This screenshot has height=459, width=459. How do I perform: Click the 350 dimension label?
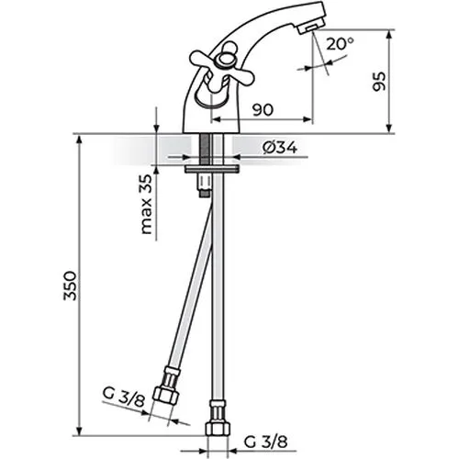click(70, 285)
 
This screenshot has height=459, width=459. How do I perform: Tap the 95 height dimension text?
click(379, 82)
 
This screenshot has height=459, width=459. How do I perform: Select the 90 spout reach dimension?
click(263, 109)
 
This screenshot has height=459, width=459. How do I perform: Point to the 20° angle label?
click(340, 44)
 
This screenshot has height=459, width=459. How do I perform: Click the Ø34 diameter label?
click(280, 149)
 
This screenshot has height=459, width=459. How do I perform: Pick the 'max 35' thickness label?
click(146, 204)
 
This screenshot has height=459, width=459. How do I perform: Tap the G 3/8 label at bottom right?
click(265, 442)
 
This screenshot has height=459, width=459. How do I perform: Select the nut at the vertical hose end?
click(218, 429)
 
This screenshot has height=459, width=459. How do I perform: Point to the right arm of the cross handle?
click(241, 76)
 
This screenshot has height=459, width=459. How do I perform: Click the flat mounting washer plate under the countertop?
click(211, 169)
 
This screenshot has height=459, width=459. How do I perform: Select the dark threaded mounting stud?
click(205, 150)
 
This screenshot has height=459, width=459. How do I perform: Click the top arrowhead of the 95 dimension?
click(389, 34)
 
